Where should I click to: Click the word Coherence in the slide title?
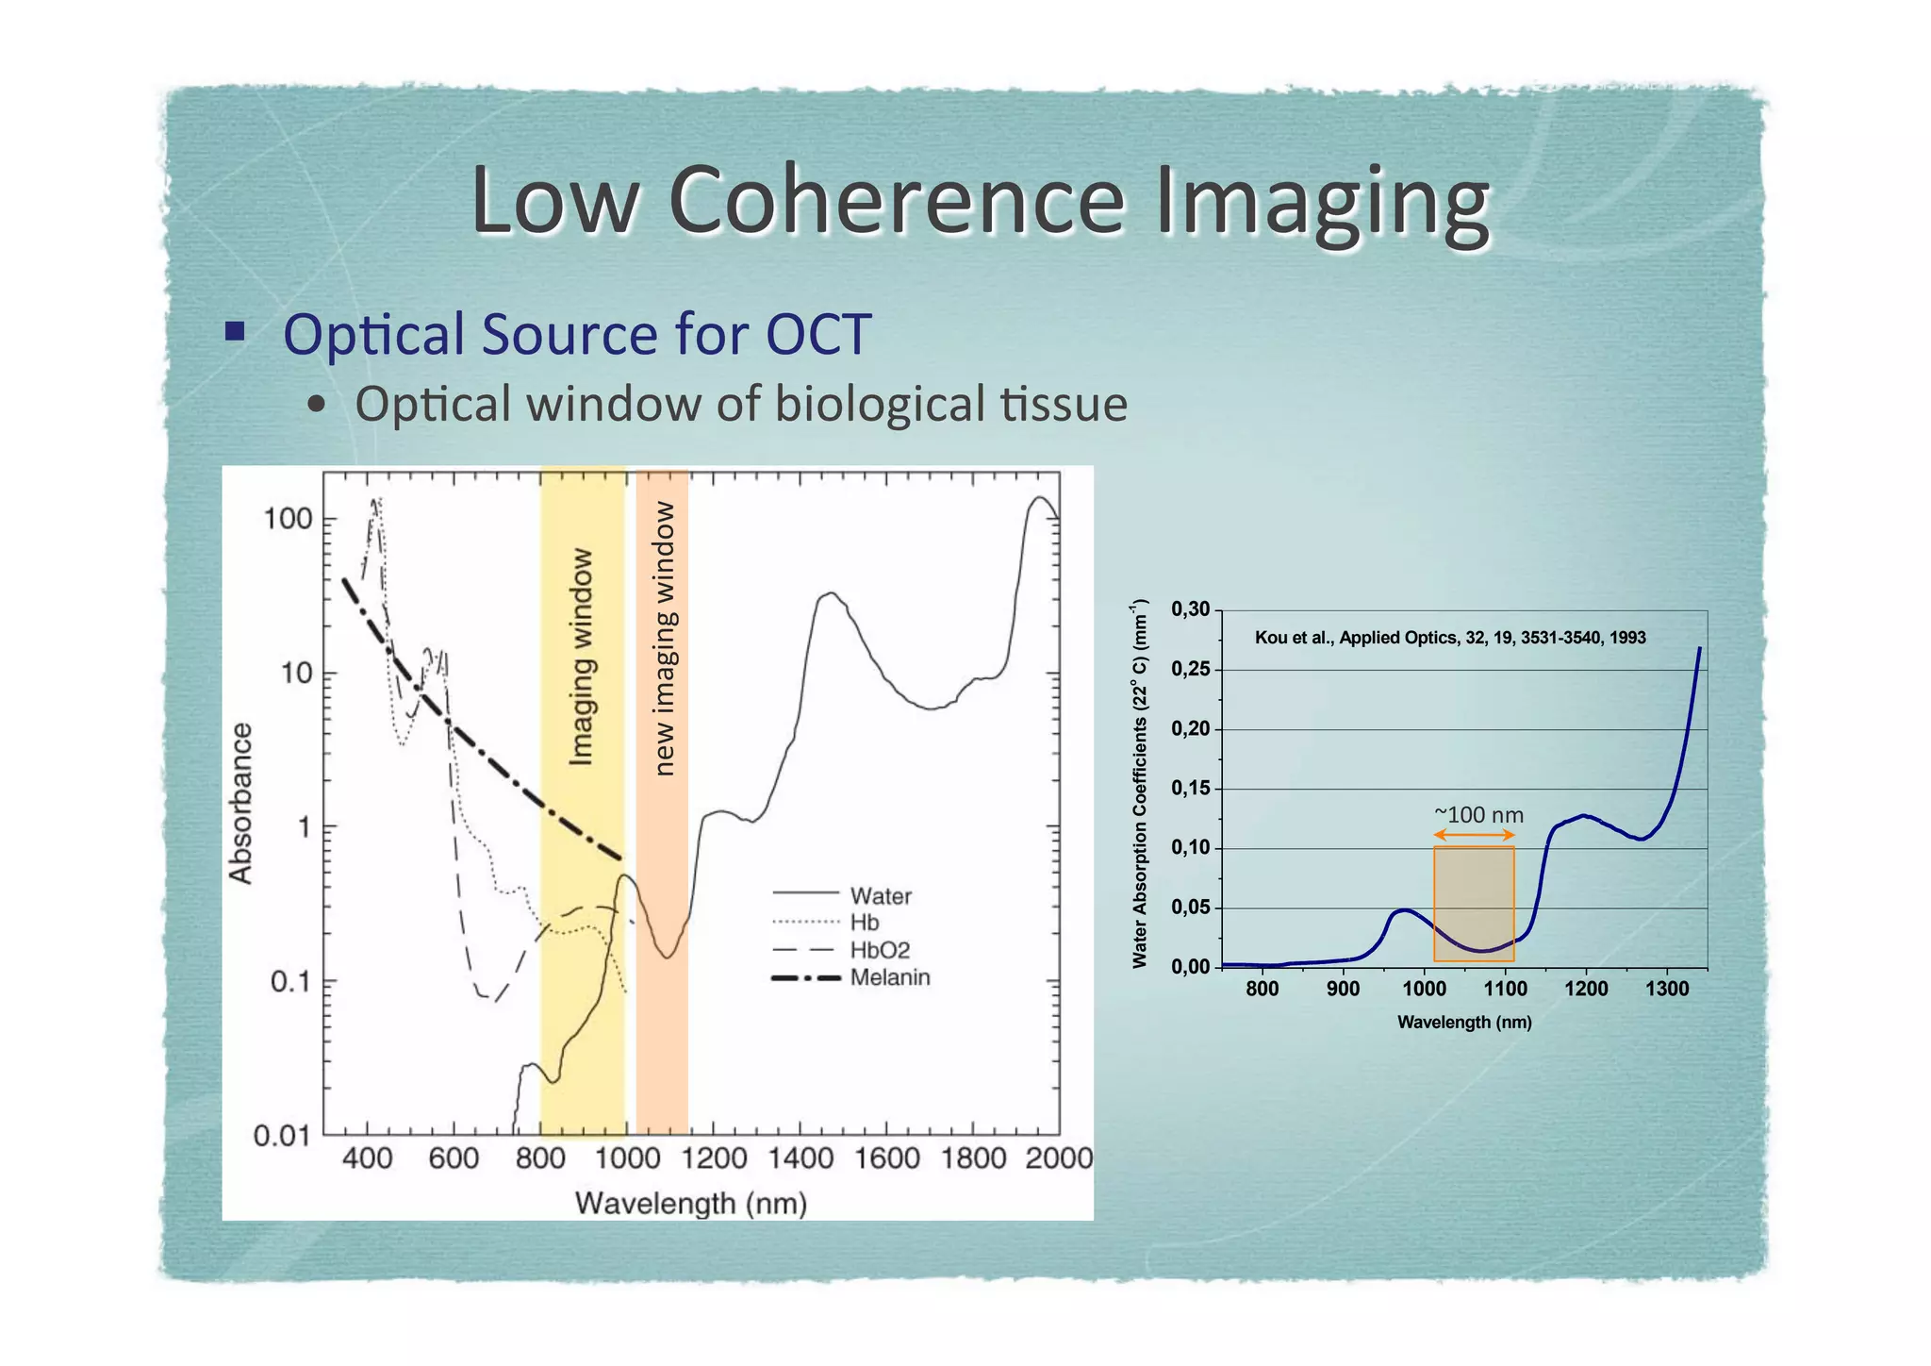click(896, 200)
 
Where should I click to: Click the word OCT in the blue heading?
click(817, 334)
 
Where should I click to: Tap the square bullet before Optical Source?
click(235, 331)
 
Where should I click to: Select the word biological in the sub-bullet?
click(879, 404)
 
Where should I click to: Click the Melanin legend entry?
click(889, 977)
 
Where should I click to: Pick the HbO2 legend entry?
click(879, 950)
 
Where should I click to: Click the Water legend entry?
click(881, 895)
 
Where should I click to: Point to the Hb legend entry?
click(864, 923)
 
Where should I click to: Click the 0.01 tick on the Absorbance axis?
click(281, 1136)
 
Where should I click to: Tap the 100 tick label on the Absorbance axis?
click(288, 519)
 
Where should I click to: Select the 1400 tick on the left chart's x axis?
click(800, 1158)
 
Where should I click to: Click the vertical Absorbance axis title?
click(241, 804)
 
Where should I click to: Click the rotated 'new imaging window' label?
click(665, 639)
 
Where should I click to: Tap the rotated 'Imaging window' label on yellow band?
click(582, 657)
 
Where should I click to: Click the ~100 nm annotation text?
click(1477, 814)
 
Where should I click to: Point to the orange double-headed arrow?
click(1474, 835)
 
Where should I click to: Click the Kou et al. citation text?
click(1449, 638)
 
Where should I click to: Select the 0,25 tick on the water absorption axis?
click(1190, 669)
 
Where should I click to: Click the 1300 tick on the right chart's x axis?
click(1666, 989)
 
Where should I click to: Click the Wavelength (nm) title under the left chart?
click(690, 1204)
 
